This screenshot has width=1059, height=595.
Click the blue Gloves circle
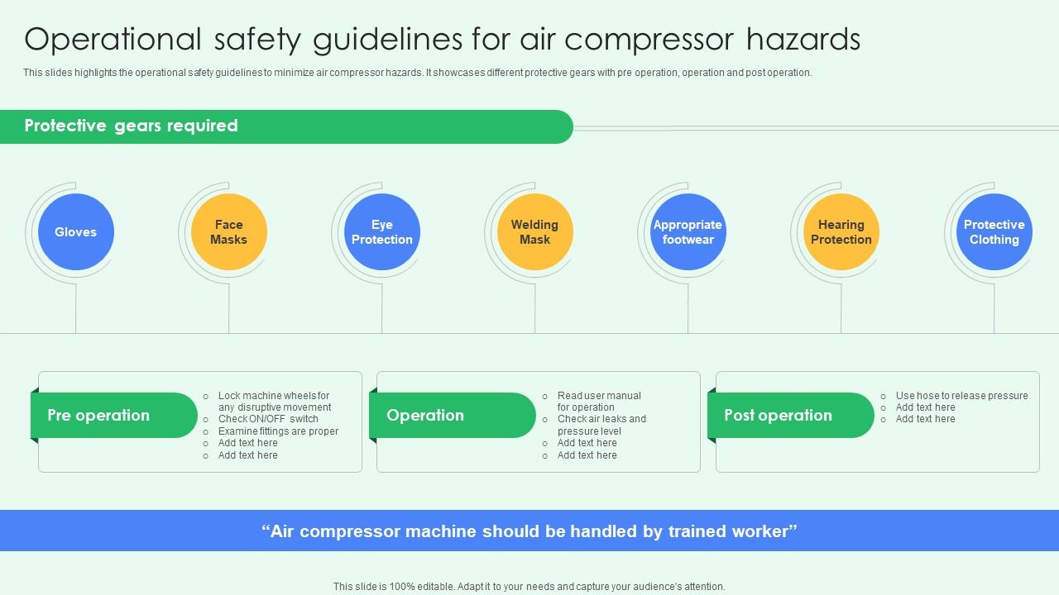(x=76, y=232)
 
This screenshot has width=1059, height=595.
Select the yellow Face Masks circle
(x=229, y=232)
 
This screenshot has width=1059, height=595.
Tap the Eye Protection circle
(x=382, y=232)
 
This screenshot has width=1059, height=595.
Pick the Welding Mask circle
(x=535, y=232)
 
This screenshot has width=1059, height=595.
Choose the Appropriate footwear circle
(x=688, y=232)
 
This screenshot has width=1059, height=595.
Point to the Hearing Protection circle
(x=841, y=232)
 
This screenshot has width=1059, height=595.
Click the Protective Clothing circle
(x=994, y=232)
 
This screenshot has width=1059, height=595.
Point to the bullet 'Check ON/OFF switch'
(x=268, y=419)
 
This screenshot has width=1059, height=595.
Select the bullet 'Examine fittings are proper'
(x=278, y=431)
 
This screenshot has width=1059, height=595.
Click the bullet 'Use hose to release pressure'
(x=961, y=396)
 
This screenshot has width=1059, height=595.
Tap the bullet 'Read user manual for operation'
(x=598, y=402)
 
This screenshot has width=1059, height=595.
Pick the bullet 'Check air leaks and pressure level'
(x=601, y=425)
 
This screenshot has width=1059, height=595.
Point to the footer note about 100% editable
(x=529, y=587)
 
